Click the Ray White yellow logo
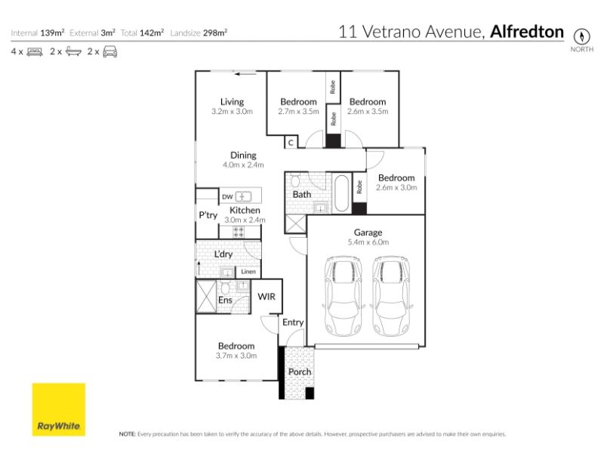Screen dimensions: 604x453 (x=59, y=409)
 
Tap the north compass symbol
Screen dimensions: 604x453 (x=581, y=36)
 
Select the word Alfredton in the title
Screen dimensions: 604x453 (x=526, y=32)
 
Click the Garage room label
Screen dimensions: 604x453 (x=368, y=233)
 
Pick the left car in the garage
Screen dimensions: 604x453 (x=344, y=296)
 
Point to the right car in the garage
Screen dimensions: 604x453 (x=390, y=296)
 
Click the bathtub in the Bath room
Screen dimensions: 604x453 (x=342, y=194)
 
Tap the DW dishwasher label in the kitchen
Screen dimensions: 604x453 (x=227, y=197)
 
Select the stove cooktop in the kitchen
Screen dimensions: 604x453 (x=239, y=232)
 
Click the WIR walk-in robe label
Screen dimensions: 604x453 (x=267, y=297)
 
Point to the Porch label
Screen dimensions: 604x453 (x=300, y=371)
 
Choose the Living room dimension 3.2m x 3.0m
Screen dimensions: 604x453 (x=232, y=111)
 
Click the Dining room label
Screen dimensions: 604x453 (x=243, y=156)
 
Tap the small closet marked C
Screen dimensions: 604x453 (x=291, y=143)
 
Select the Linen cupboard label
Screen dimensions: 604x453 (x=248, y=272)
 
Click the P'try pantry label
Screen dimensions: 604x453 (x=208, y=215)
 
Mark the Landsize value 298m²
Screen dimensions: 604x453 (x=215, y=32)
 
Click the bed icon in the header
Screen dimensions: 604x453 (x=35, y=51)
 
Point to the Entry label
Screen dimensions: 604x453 (x=293, y=322)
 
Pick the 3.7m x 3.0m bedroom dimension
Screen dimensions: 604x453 (x=236, y=356)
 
